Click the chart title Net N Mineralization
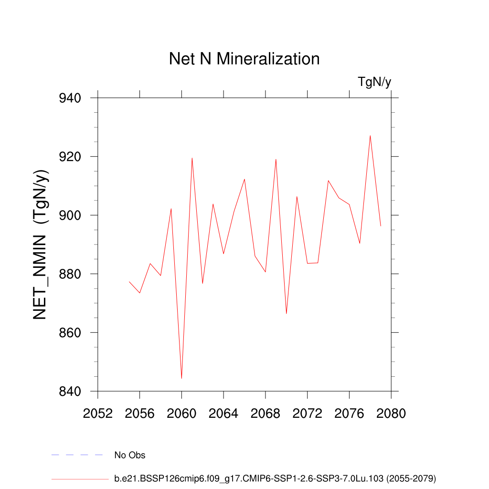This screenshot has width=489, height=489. click(x=244, y=59)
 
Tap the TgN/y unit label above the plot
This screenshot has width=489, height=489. click(x=374, y=82)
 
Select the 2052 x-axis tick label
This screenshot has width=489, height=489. click(x=98, y=413)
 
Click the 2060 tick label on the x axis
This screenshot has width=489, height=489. click(x=181, y=413)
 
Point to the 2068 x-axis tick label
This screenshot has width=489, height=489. click(x=266, y=413)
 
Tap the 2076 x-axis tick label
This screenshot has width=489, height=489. click(x=349, y=413)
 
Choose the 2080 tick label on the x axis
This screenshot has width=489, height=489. click(x=391, y=413)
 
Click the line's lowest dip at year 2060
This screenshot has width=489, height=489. click(x=181, y=378)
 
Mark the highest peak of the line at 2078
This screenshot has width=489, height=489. click(x=370, y=136)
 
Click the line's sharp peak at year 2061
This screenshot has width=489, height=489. click(x=192, y=158)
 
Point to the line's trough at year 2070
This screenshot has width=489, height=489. click(x=287, y=313)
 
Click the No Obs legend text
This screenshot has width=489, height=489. click(x=130, y=455)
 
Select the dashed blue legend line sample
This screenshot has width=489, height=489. click(x=77, y=455)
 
